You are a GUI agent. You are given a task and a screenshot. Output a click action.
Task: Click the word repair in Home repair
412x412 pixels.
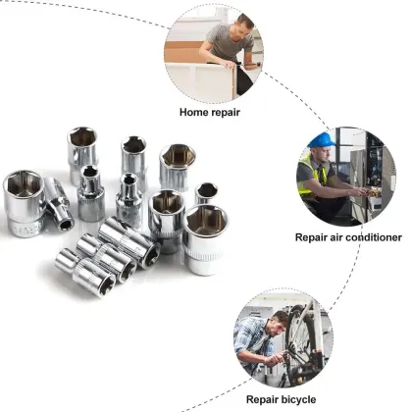[x=228, y=111]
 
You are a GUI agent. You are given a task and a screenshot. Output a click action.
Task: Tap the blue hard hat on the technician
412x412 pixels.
[x=320, y=140]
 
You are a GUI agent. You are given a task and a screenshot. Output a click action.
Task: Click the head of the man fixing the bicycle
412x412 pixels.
[x=278, y=319]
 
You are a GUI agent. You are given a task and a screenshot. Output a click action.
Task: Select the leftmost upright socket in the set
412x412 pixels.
[x=24, y=201]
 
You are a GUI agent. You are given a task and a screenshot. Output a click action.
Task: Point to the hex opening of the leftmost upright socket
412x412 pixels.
[x=24, y=183]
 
